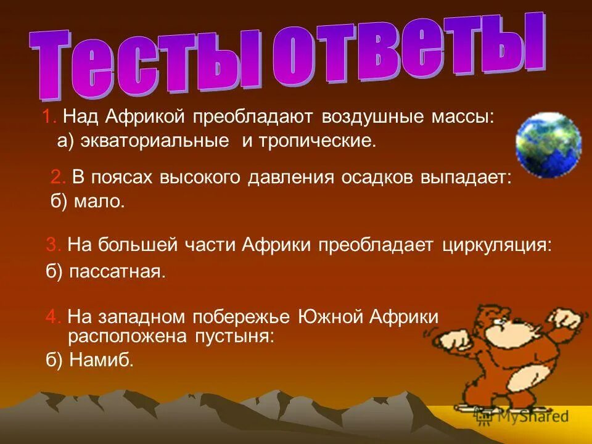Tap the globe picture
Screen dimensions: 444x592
coord(548,144)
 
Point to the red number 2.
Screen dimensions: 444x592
coord(57,178)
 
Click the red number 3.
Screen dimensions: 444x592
coord(52,245)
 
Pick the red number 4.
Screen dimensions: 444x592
coord(52,318)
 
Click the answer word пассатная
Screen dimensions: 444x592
coord(117,272)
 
